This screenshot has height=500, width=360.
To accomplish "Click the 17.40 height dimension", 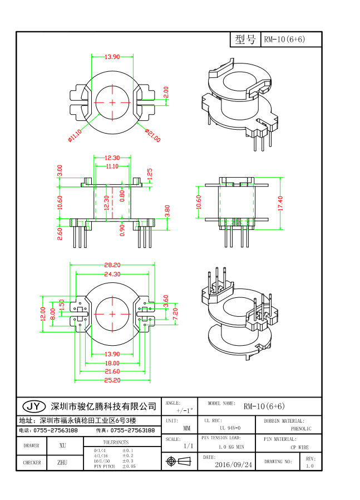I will (281, 203).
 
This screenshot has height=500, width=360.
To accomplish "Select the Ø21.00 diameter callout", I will (153, 135).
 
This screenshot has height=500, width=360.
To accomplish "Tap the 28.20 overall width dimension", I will (112, 266).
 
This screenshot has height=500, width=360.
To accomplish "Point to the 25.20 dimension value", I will (112, 380).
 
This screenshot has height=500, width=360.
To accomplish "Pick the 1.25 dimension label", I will (149, 174).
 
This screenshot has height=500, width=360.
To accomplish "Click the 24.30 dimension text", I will (112, 274).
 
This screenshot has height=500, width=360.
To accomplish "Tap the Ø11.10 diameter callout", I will (75, 135).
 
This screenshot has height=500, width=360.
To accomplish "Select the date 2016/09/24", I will (233, 464).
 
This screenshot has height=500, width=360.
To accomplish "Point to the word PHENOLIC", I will (301, 429).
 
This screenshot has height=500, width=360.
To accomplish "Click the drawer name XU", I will (62, 446).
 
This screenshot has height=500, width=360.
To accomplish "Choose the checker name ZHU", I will (62, 462).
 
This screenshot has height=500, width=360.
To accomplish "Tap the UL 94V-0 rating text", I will (230, 428).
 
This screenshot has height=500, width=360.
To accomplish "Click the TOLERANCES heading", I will (115, 442).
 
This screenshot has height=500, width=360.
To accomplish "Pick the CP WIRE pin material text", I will (301, 447).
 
